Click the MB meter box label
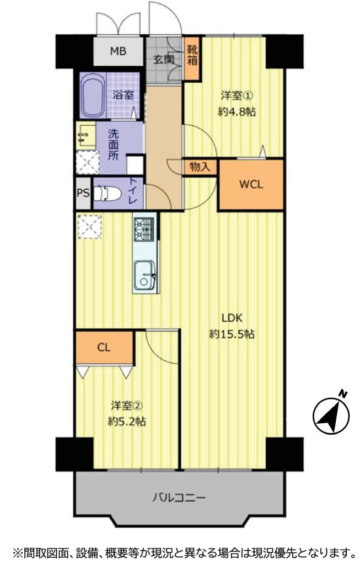pyautogui.click(x=118, y=51)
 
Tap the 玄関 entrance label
pyautogui.click(x=164, y=60)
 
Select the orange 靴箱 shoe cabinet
pyautogui.click(x=192, y=58)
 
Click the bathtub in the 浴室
pyautogui.click(x=93, y=95)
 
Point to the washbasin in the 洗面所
pyautogui.click(x=85, y=135)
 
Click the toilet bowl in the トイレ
pyautogui.click(x=107, y=193)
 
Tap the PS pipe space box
pyautogui.click(x=83, y=193)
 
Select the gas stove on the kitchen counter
pyautogui.click(x=144, y=229)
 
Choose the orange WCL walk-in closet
pyautogui.click(x=251, y=184)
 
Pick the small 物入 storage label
pyautogui.click(x=200, y=167)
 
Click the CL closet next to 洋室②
pyautogui.click(x=104, y=348)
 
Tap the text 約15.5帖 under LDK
pyautogui.click(x=232, y=334)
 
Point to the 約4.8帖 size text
pyautogui.click(x=237, y=111)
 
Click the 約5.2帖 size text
pyautogui.click(x=127, y=421)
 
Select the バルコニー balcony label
pyautogui.click(x=179, y=498)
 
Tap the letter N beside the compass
pyautogui.click(x=344, y=394)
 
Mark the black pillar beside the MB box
pyautogui.click(x=75, y=51)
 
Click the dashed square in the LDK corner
pyautogui.click(x=90, y=226)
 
